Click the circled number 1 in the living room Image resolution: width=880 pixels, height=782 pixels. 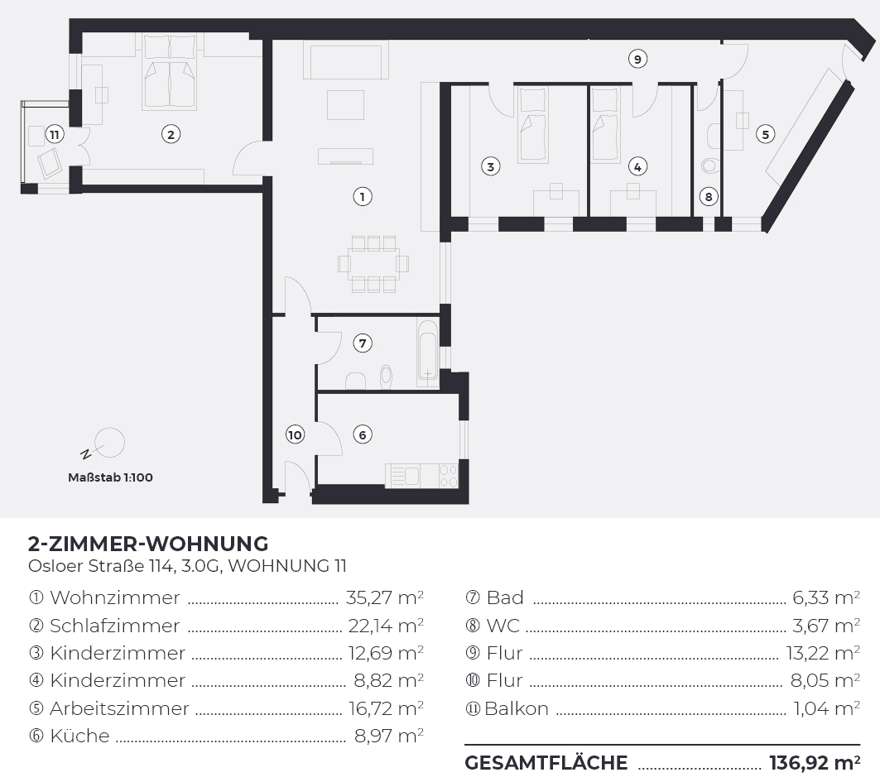(363, 196)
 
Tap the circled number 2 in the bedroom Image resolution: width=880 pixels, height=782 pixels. (171, 134)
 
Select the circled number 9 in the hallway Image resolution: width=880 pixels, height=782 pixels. (637, 59)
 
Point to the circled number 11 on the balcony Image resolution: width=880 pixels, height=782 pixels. (55, 134)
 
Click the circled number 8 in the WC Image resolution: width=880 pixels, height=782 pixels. (709, 196)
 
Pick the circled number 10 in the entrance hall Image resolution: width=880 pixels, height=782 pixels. (295, 434)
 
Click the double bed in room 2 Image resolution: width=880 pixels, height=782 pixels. (170, 72)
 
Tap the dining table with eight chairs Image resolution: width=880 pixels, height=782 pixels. (373, 264)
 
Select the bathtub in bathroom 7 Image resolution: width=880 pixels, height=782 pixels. (428, 353)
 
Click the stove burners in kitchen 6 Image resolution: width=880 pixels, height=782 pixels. (449, 475)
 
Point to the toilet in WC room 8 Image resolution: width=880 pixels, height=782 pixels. (710, 166)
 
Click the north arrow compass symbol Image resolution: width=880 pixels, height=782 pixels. (103, 444)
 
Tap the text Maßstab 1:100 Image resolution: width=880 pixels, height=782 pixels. (110, 477)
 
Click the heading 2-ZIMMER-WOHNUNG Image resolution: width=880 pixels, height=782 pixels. (148, 544)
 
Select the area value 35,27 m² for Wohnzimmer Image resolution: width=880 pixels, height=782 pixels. (384, 597)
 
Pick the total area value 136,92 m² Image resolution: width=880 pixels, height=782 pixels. (815, 762)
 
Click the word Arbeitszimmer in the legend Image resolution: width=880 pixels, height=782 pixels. (119, 708)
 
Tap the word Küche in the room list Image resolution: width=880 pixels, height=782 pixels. (79, 736)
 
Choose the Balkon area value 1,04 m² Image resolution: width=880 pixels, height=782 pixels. (826, 708)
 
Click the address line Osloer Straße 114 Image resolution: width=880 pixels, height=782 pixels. (102, 565)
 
